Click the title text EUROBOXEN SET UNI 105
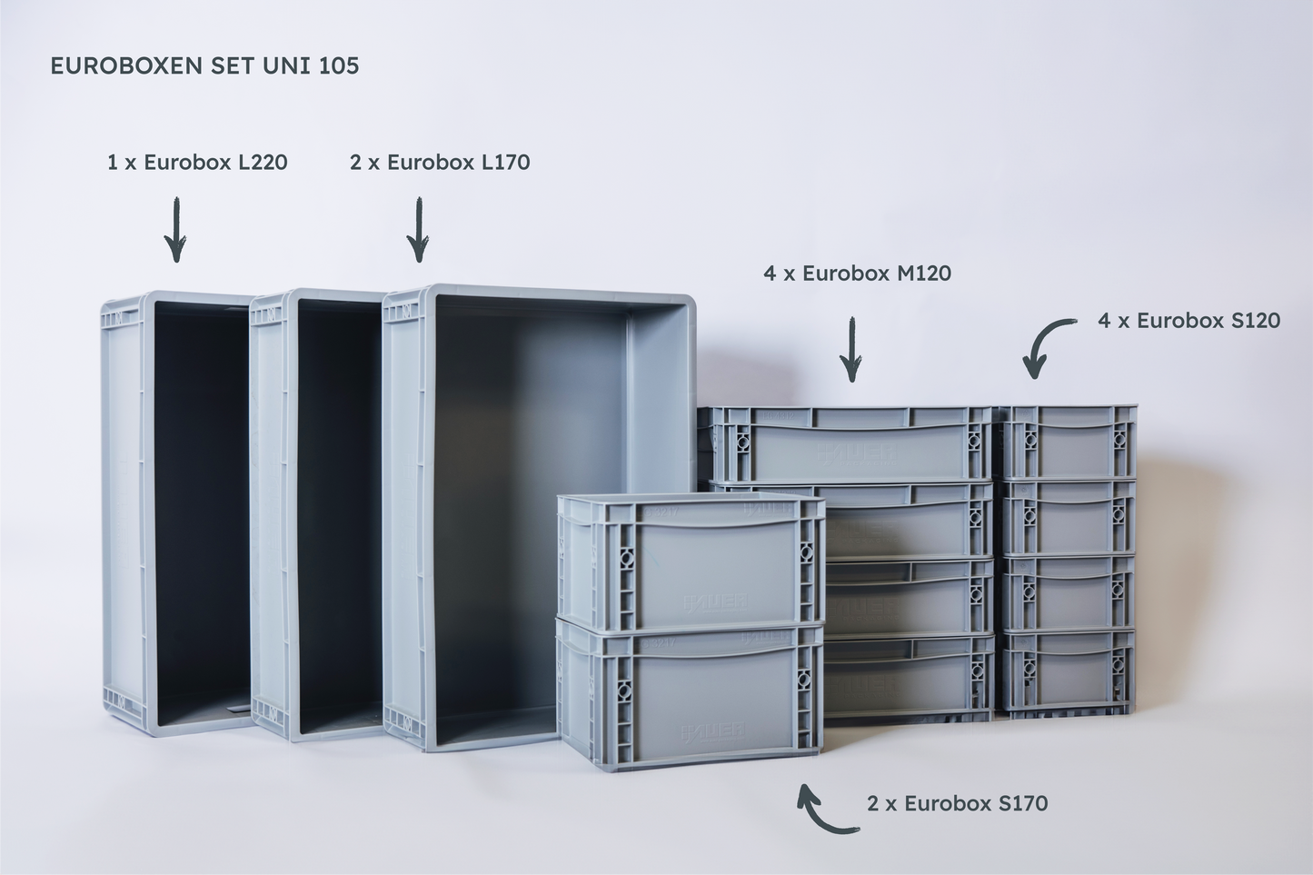[x=204, y=65]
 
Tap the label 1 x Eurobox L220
[x=197, y=162]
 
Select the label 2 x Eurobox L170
[x=440, y=162]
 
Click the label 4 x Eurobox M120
[x=857, y=273]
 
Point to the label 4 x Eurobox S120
[x=1189, y=321]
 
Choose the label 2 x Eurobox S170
[x=957, y=803]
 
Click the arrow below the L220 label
[x=176, y=230]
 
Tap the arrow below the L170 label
[x=419, y=230]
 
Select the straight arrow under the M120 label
[x=851, y=350]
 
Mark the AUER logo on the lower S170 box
[x=712, y=733]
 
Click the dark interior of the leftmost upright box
[x=203, y=509]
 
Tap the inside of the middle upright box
[x=340, y=516]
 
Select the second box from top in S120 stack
[x=1069, y=517]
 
